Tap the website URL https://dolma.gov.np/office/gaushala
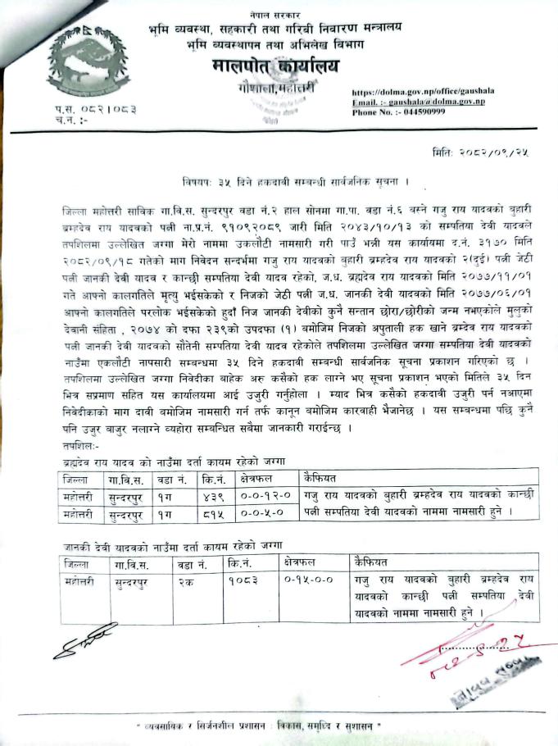pos(416,93)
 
